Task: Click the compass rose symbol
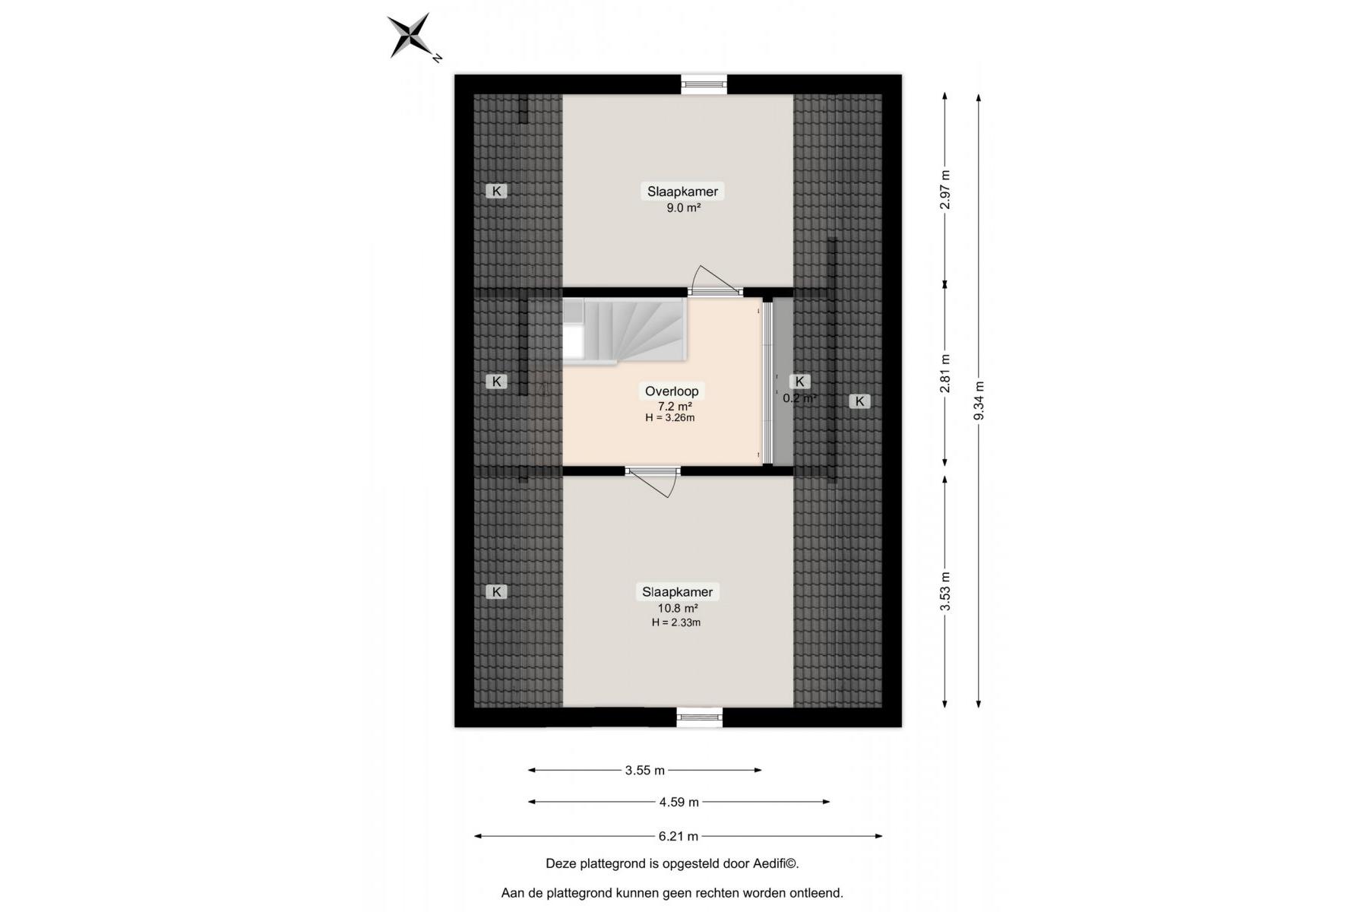point(410,35)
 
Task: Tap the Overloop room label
point(672,391)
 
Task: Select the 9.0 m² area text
point(683,207)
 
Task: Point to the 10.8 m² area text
point(678,608)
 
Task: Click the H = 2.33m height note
point(676,622)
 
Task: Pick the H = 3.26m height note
point(670,417)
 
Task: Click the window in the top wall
point(704,84)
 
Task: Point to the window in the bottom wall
point(700,717)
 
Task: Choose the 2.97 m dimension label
point(945,189)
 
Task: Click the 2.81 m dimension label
point(945,374)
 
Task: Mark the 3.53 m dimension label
point(945,591)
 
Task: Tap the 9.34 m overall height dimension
point(979,401)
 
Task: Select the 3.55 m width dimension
point(645,771)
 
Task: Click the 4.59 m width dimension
point(679,802)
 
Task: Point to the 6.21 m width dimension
point(679,837)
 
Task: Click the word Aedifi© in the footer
point(775,864)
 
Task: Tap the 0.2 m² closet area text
point(800,397)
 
